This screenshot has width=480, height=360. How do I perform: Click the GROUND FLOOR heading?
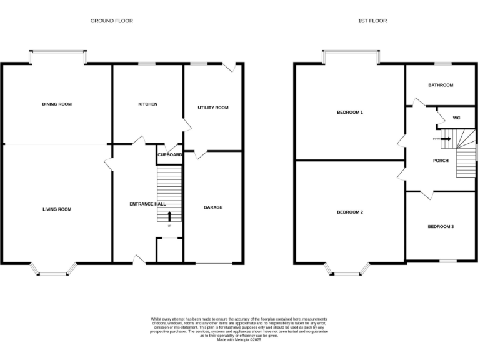tap(112, 21)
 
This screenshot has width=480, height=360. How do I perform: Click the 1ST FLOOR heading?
tap(372, 21)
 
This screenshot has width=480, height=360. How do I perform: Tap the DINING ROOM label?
tap(57, 104)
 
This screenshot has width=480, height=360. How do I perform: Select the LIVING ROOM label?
tap(57, 209)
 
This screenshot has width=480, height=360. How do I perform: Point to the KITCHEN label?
tap(147, 104)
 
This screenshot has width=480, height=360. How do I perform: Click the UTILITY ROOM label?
tap(213, 107)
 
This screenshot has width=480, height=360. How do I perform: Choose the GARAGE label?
tap(213, 207)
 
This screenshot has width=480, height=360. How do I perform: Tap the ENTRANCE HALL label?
tap(147, 204)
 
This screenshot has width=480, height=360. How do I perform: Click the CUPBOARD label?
tap(169, 154)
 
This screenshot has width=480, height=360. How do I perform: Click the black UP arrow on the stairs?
tap(169, 217)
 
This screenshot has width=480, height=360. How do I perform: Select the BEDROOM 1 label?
tap(350, 112)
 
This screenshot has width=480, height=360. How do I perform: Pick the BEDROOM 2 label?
tap(350, 212)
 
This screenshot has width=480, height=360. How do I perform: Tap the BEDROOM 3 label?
tap(441, 226)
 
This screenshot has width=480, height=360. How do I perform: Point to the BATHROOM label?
tap(441, 85)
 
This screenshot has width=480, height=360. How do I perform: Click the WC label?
tap(456, 117)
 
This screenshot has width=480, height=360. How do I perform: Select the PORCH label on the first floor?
tap(441, 161)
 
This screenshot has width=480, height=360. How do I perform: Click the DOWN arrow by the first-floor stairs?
tap(445, 139)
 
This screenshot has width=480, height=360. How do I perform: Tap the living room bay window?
tap(54, 269)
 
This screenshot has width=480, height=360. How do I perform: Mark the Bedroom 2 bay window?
tap(347, 269)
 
